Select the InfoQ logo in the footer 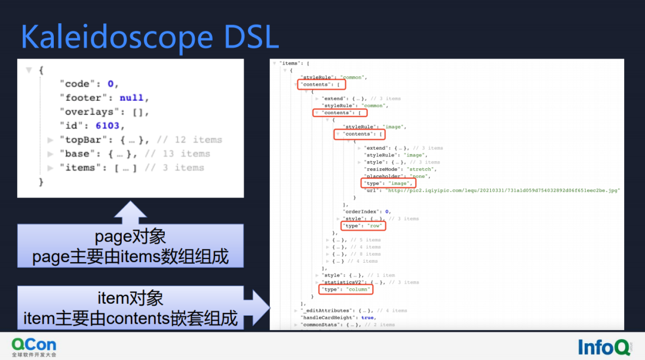pyautogui.click(x=604, y=347)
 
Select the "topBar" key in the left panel pyautogui.click(x=79, y=140)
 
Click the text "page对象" pyautogui.click(x=130, y=237)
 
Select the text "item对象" pyautogui.click(x=130, y=298)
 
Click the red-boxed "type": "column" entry pyautogui.click(x=346, y=290)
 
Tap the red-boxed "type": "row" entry pyautogui.click(x=363, y=226)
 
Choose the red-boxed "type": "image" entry pyautogui.click(x=387, y=183)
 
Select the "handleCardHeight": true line pyautogui.click(x=337, y=318)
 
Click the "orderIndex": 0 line pyautogui.click(x=367, y=211)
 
